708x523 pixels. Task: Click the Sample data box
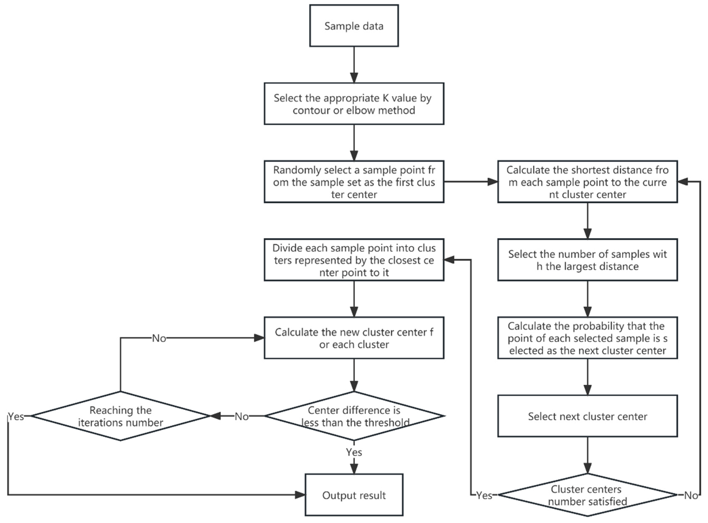pyautogui.click(x=354, y=26)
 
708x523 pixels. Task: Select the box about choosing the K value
pyautogui.click(x=354, y=104)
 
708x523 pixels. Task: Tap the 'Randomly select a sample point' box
pyautogui.click(x=354, y=182)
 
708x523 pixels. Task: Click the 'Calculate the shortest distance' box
pyautogui.click(x=587, y=182)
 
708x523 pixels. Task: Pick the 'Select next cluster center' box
pyautogui.click(x=587, y=416)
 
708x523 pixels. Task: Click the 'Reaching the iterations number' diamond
pyautogui.click(x=120, y=416)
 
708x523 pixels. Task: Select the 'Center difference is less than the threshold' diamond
pyautogui.click(x=354, y=416)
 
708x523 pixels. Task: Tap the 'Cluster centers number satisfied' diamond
pyautogui.click(x=587, y=495)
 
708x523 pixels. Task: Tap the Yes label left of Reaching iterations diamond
pyautogui.click(x=16, y=416)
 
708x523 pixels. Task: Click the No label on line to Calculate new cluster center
pyautogui.click(x=159, y=338)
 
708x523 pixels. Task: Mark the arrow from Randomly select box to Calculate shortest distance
pyautogui.click(x=471, y=182)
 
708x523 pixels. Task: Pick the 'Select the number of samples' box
pyautogui.click(x=587, y=260)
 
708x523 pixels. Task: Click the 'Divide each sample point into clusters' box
pyautogui.click(x=354, y=260)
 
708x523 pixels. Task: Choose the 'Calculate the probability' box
pyautogui.click(x=587, y=338)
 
